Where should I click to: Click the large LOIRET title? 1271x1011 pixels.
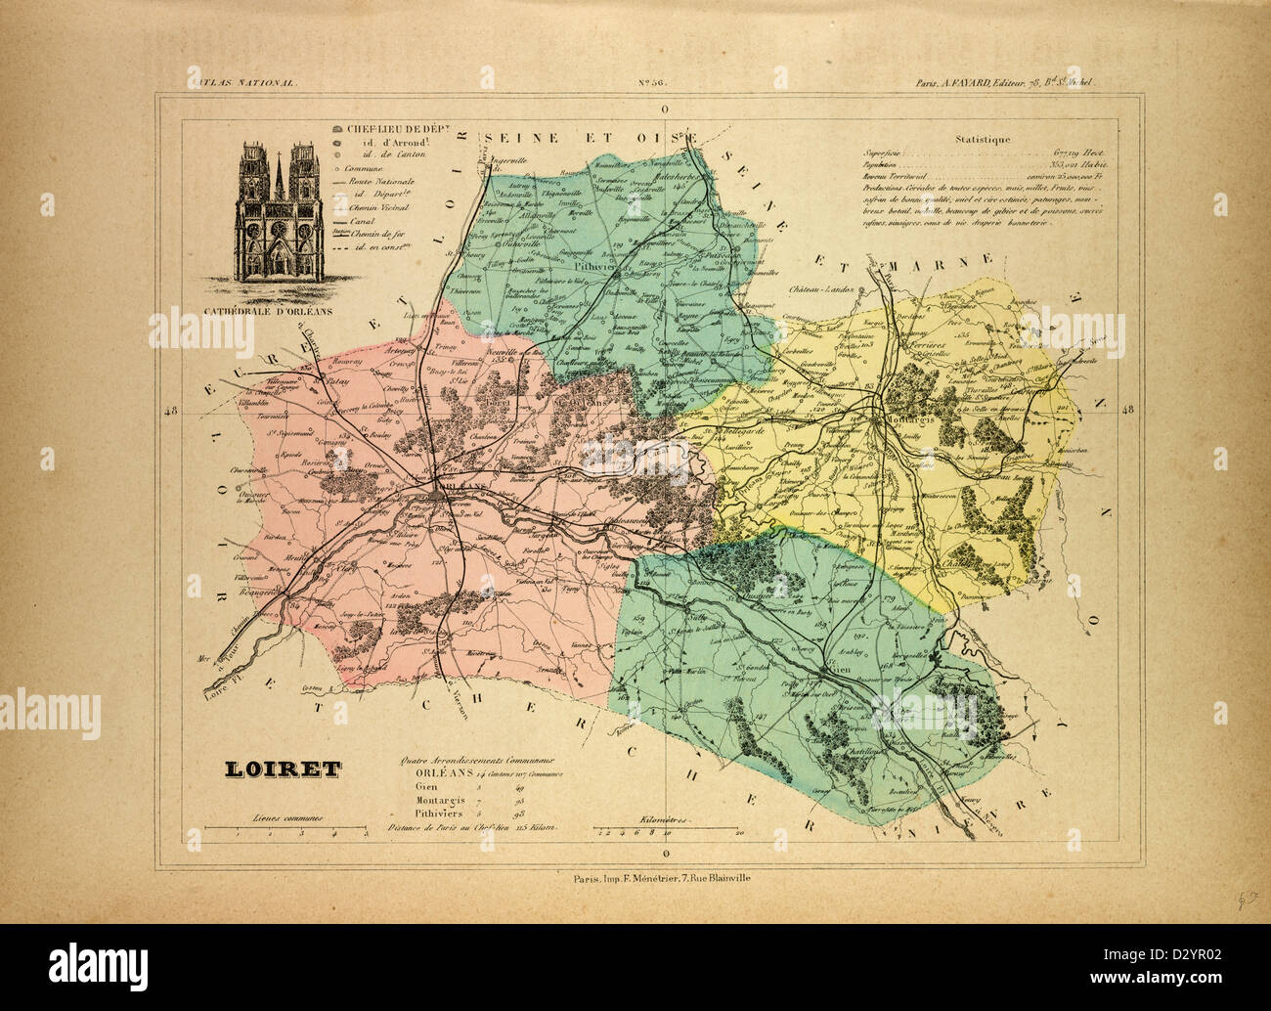pyautogui.click(x=278, y=769)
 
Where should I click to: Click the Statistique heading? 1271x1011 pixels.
pyautogui.click(x=985, y=140)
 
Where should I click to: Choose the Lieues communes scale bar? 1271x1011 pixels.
pyautogui.click(x=295, y=832)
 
